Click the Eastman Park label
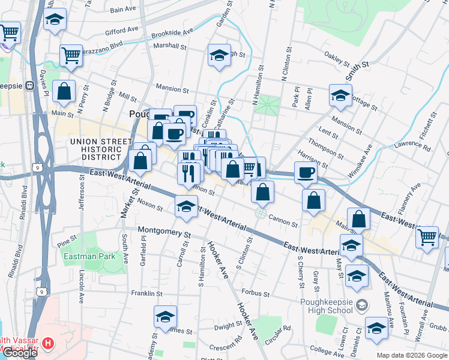click(85, 256)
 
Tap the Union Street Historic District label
click(101, 149)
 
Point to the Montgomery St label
click(163, 231)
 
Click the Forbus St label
click(254, 293)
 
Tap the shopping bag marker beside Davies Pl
click(64, 91)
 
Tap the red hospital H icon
click(49, 345)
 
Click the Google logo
click(20, 353)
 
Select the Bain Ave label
click(123, 10)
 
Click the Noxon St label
click(150, 205)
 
